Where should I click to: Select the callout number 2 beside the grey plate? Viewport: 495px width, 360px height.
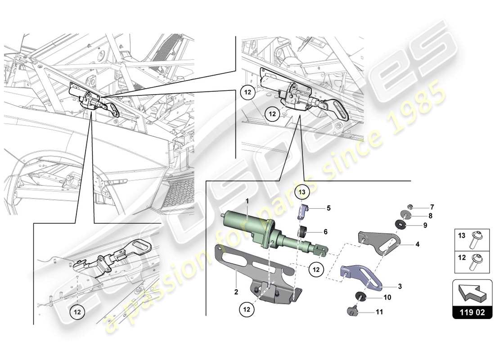236,292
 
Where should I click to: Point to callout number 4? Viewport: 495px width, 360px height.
417,245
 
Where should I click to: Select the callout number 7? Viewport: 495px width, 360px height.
432,207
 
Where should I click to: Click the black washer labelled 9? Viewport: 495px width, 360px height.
400,225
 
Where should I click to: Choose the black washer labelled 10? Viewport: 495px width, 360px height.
360,296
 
